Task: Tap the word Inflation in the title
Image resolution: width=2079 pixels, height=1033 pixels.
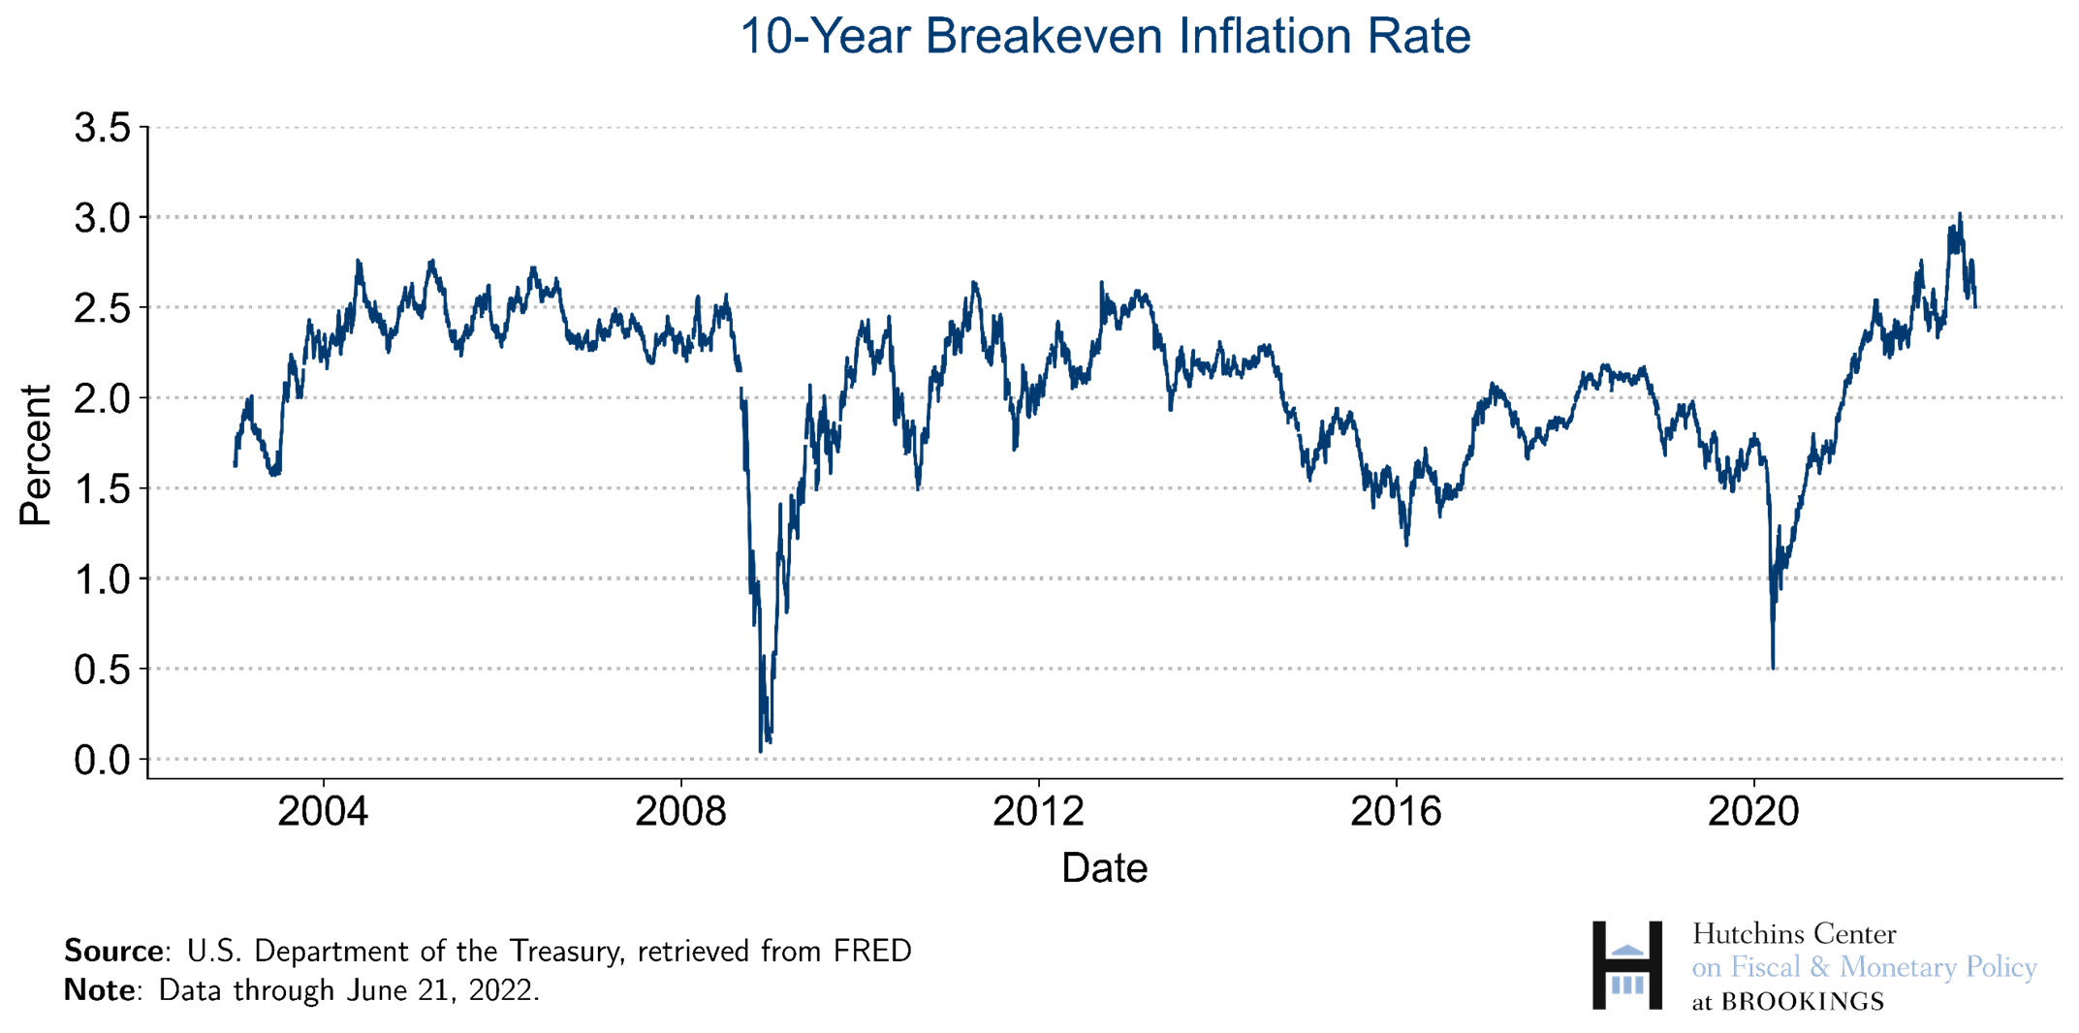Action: tap(1264, 37)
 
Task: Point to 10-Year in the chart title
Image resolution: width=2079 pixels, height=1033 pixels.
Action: tap(825, 37)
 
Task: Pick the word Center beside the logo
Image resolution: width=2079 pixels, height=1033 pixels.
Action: tap(1854, 934)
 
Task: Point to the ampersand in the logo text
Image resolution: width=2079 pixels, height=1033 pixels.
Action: tap(1819, 967)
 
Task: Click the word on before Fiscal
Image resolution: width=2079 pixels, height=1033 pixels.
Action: tap(1706, 968)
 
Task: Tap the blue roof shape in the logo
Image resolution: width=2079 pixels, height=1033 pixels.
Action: tap(1627, 950)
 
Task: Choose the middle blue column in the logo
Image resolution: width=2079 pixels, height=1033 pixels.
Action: tap(1627, 985)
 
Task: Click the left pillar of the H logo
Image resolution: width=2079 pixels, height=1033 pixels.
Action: tap(1599, 965)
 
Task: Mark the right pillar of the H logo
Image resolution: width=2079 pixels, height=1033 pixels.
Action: tap(1655, 965)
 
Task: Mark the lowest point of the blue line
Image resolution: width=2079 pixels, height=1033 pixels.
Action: tap(761, 751)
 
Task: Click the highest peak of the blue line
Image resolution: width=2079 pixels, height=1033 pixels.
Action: tap(1960, 214)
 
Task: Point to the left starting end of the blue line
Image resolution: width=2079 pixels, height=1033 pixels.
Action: tap(235, 465)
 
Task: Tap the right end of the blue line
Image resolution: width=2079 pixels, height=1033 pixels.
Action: tap(1976, 306)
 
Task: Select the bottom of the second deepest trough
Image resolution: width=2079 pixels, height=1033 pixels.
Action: tap(1774, 668)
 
